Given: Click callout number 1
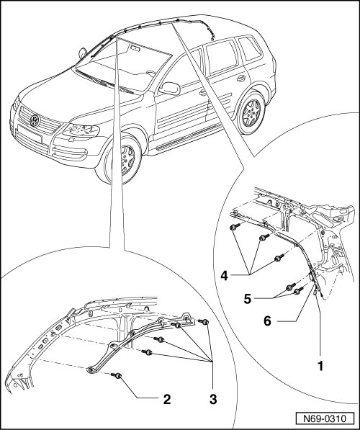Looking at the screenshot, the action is [320, 366].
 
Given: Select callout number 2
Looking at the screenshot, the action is [167, 399].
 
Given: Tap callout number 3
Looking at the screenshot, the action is [213, 399].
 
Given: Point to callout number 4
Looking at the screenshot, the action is [225, 276].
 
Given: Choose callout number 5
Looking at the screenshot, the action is [247, 299].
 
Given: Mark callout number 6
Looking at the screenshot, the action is [267, 321].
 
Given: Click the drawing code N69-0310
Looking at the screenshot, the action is [325, 419].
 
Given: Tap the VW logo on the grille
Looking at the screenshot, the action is [35, 120].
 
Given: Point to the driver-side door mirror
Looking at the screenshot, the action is [170, 88].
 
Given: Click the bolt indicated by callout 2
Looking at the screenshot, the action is [117, 375].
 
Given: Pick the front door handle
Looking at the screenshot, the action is [203, 93].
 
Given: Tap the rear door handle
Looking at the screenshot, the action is [241, 79].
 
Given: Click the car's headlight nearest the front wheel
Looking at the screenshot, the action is [81, 130].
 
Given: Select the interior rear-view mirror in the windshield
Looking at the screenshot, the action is [135, 48].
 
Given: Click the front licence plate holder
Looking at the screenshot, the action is [29, 134].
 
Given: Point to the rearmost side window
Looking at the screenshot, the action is [250, 48].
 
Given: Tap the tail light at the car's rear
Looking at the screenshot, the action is [274, 66].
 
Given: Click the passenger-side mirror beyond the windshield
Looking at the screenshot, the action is [82, 53].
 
